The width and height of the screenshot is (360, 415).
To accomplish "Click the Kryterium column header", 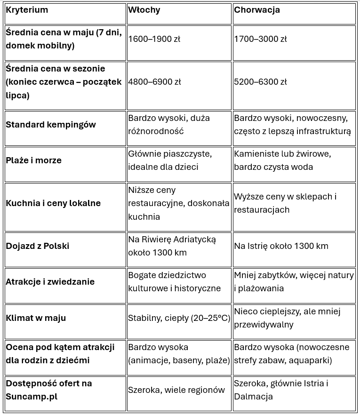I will coord(27,10).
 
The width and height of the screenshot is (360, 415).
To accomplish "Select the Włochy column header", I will coord(144,10).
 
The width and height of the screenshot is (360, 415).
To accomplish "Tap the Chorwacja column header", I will coord(257,10).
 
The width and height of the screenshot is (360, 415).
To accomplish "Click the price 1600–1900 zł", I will coord(154,39).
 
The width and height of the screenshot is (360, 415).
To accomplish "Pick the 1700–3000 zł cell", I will coord(260,39).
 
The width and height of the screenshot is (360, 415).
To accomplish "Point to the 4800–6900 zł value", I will coord(154,82).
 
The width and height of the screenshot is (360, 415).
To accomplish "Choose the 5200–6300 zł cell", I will coord(260,82).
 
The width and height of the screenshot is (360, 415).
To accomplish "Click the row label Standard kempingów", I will coord(51,125).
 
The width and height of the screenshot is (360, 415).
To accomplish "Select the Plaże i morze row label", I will coord(34,160).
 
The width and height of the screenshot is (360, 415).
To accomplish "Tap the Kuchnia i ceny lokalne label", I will coord(53,203).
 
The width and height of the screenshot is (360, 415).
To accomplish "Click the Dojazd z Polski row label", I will coord(38,246).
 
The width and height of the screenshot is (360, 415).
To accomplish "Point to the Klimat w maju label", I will coord(36,318).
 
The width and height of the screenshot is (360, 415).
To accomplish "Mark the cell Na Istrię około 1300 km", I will coord(281,246).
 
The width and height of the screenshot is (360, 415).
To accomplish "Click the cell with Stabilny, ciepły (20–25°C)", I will coord(179,318).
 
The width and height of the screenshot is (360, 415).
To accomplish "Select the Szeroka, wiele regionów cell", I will coord(176,390).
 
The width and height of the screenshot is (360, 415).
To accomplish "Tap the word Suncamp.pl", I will coord(32,397).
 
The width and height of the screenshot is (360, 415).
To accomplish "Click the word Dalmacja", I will coord(253,397).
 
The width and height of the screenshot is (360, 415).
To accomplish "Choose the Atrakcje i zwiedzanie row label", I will coord(50,282).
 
